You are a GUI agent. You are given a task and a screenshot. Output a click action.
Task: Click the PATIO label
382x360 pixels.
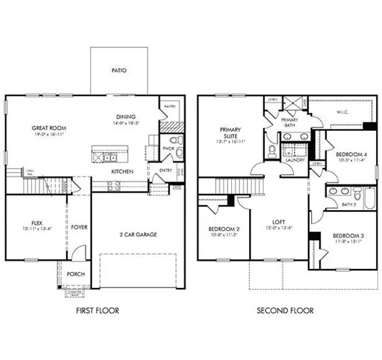point(119,70)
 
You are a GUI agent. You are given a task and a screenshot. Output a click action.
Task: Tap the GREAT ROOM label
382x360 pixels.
point(49,128)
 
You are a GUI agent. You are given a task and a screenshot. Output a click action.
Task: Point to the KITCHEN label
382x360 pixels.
point(122,172)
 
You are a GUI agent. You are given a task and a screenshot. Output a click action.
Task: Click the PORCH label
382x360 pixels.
point(76,274)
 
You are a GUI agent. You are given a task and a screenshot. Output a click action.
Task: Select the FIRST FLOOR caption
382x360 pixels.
point(97,311)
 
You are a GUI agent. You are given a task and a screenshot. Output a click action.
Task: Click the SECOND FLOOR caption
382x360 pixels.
point(285,311)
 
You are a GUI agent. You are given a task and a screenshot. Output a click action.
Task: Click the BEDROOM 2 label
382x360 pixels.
point(224,230)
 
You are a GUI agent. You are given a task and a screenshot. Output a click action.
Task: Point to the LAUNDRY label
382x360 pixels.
point(296,160)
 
